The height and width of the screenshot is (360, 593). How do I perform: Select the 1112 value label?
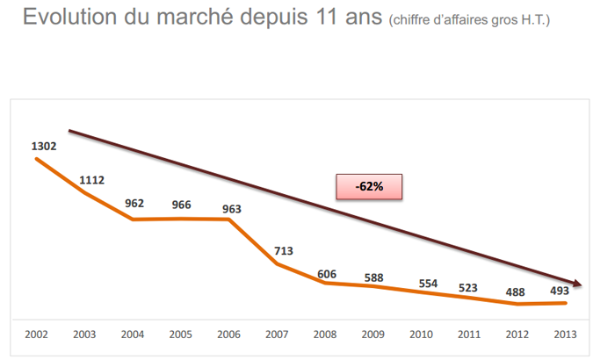91,180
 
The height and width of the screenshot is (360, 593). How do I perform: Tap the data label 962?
134,204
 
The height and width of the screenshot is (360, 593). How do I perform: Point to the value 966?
181,204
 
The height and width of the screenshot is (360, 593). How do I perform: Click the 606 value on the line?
325,273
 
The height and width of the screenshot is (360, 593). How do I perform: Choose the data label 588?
373,278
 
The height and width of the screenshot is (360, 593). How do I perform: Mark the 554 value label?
428,284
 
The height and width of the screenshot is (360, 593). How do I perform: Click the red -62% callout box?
369,187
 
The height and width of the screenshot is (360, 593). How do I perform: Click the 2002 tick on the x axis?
36,335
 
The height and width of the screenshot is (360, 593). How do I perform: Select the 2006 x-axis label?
228,335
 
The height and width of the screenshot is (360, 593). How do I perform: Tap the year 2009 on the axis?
372,335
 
